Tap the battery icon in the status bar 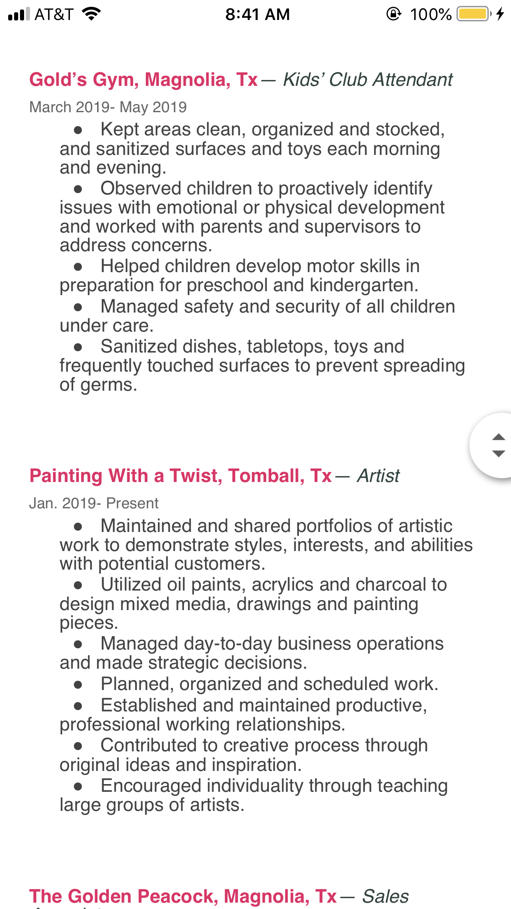(x=474, y=14)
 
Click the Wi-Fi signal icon (x=91, y=14)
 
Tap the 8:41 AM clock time (x=257, y=15)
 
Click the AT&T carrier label (x=54, y=15)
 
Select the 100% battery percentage (x=430, y=15)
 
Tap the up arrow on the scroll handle (x=498, y=437)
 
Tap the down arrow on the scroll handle (x=498, y=453)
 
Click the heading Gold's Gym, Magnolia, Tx (x=144, y=80)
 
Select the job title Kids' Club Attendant (x=368, y=80)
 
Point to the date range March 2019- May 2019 (x=108, y=107)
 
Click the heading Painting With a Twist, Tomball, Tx (x=180, y=476)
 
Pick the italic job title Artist (x=378, y=476)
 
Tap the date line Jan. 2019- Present (x=94, y=503)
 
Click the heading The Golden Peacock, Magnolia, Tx (x=183, y=896)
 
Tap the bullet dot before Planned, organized (x=78, y=685)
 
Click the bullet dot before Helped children (x=78, y=267)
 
